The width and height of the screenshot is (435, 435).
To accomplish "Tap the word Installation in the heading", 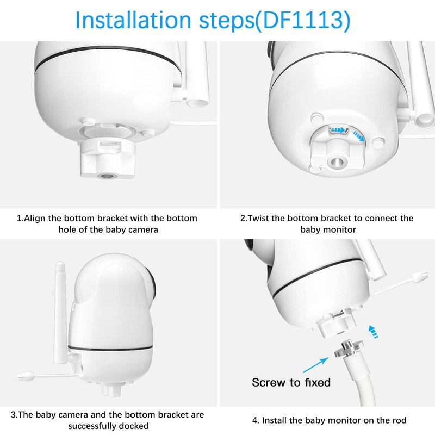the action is (x=133, y=20).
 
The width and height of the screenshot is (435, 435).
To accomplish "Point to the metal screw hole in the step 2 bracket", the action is (x=336, y=162).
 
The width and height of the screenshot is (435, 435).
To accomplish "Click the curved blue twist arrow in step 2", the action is (x=358, y=136).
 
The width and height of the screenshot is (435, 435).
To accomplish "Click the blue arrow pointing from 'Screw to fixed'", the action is (x=316, y=365).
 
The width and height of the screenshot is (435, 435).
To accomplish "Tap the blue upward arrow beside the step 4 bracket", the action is (x=373, y=332).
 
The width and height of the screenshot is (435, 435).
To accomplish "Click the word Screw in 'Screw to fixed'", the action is (x=269, y=383).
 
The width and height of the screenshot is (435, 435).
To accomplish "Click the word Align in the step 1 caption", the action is (x=34, y=219).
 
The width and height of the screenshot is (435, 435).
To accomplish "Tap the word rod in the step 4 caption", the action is (x=400, y=420).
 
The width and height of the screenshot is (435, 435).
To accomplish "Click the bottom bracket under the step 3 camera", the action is (x=111, y=389).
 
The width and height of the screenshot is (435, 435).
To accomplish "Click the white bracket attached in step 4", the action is (x=336, y=325).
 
